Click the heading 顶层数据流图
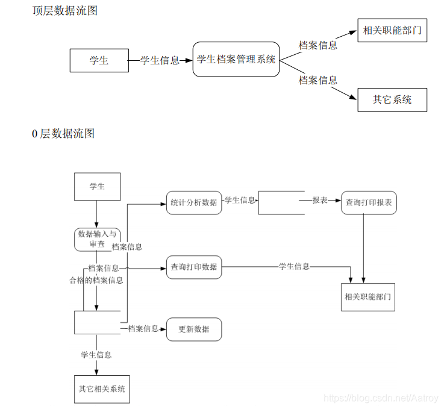point(64,11)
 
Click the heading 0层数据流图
point(63,134)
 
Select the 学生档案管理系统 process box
point(236,59)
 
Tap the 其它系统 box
point(392,100)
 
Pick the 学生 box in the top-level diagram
point(99,60)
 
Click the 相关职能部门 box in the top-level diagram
point(392,30)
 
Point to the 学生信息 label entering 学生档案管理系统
point(160,60)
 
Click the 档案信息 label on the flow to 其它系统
point(317,81)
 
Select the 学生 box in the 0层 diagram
point(96,187)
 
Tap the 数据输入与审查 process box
point(96,239)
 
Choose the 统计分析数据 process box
point(193,202)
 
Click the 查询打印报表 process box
point(369,203)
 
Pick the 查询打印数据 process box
point(193,267)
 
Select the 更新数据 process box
point(193,329)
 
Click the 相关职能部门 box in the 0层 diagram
point(367,296)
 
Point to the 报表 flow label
point(320,200)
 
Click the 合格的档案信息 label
point(96,280)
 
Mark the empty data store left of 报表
point(281,203)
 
